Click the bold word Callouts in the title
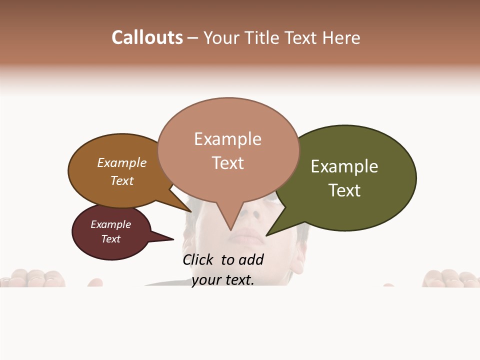click(147, 37)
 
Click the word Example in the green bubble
click(344, 166)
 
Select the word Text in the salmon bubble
click(228, 163)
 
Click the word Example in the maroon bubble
click(110, 224)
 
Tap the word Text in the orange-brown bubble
click(122, 180)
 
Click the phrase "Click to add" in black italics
click(223, 259)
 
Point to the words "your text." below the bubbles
click(223, 279)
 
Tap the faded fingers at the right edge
click(447, 278)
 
